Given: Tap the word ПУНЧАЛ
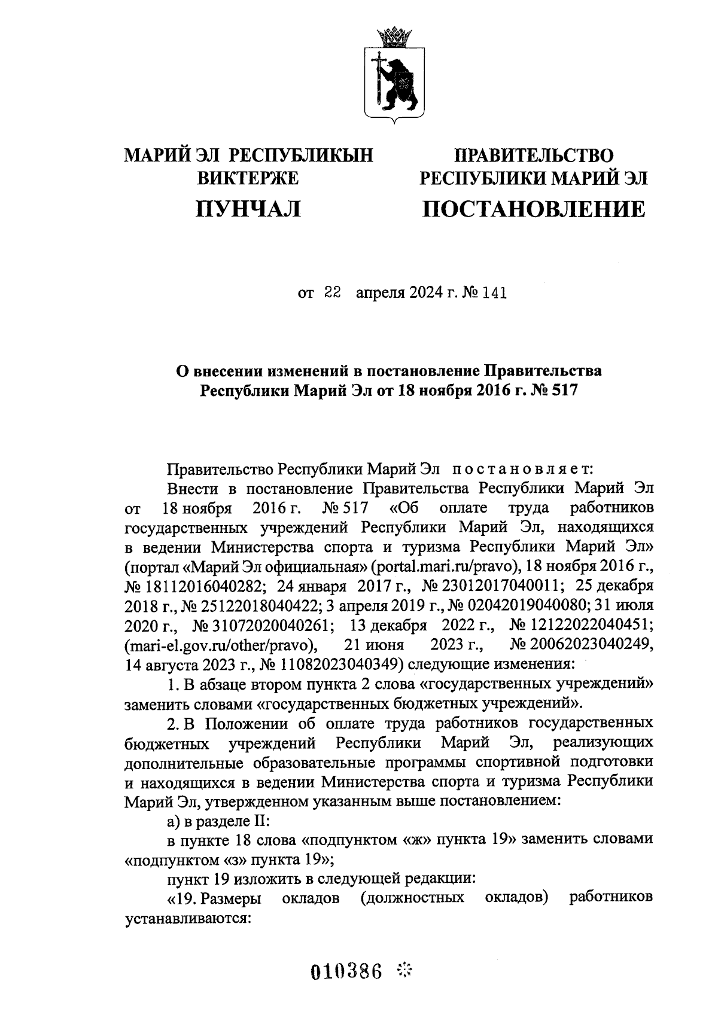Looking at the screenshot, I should [x=248, y=209].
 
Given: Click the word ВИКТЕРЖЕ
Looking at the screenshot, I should [x=248, y=178].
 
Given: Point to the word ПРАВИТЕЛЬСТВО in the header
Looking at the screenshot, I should [x=534, y=156].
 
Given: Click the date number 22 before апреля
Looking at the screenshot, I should [x=332, y=293].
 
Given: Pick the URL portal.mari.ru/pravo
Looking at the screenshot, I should [x=440, y=565].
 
